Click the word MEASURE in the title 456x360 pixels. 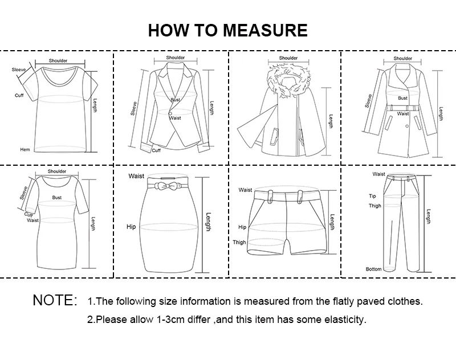click(x=265, y=30)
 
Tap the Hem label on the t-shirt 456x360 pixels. click(x=25, y=150)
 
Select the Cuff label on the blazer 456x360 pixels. click(x=156, y=150)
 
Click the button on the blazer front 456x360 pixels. click(x=170, y=113)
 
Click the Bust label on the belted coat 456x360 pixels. click(x=402, y=98)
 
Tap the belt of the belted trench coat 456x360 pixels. click(x=403, y=108)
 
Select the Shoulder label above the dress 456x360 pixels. click(x=57, y=171)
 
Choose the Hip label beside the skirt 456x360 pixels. click(x=131, y=227)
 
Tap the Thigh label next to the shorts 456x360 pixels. click(x=239, y=242)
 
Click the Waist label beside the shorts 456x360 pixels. click(x=245, y=190)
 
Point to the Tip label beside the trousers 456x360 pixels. click(x=372, y=196)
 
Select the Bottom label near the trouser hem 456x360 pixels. click(x=373, y=269)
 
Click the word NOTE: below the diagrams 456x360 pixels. click(x=55, y=300)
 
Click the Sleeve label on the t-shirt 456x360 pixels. click(x=19, y=69)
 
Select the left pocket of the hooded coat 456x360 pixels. click(x=274, y=136)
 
